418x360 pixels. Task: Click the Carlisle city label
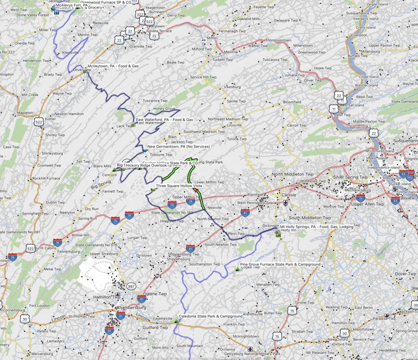tap(289, 195)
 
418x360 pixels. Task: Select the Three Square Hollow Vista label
tap(179, 186)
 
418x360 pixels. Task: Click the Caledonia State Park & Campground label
tap(210, 316)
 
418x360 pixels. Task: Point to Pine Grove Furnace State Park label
tap(280, 264)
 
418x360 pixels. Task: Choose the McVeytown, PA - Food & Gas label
tap(113, 66)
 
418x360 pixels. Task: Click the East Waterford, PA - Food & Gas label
tap(164, 120)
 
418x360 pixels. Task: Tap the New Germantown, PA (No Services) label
tap(178, 146)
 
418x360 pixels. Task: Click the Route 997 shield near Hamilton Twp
tap(131, 287)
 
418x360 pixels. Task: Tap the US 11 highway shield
tap(334, 109)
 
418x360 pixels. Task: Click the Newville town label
tap(215, 208)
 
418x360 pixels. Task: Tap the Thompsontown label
tap(278, 41)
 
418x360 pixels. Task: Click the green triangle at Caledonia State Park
tap(176, 320)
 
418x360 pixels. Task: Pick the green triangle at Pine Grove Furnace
tap(237, 269)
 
